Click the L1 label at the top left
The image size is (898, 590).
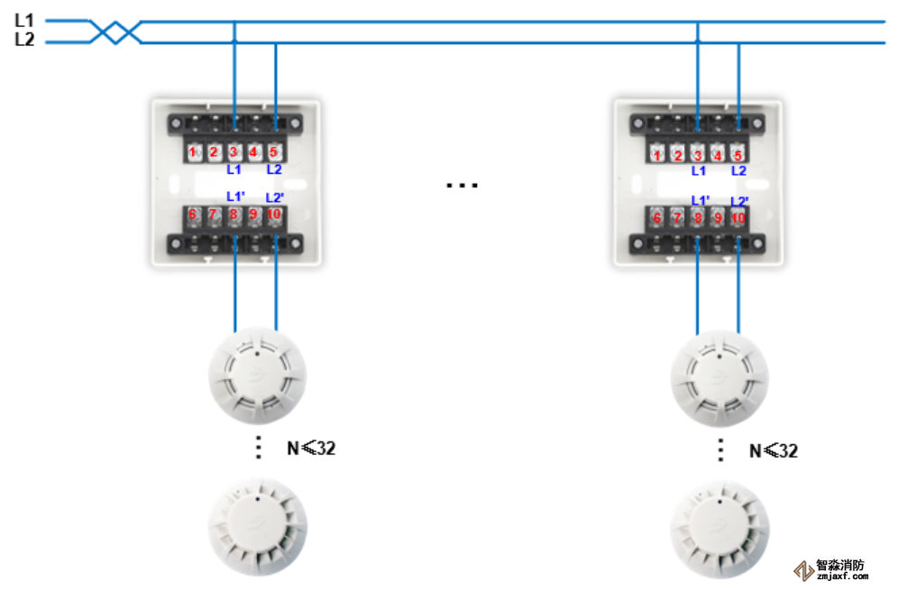23,19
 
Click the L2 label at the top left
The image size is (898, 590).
23,40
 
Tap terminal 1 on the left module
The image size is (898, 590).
193,152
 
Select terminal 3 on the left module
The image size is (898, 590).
234,152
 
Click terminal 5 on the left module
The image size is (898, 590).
274,152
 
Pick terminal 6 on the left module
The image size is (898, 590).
192,214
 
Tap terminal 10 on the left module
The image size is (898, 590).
274,214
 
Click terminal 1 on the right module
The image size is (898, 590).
657,155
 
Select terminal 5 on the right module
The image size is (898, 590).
738,155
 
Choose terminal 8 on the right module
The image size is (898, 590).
698,217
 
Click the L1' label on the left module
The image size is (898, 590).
235,196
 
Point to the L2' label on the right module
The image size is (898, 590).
739,201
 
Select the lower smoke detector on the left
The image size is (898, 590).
257,527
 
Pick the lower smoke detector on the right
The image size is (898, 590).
720,530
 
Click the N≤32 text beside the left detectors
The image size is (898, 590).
311,448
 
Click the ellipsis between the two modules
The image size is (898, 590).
462,186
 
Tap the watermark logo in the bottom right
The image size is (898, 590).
802,571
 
